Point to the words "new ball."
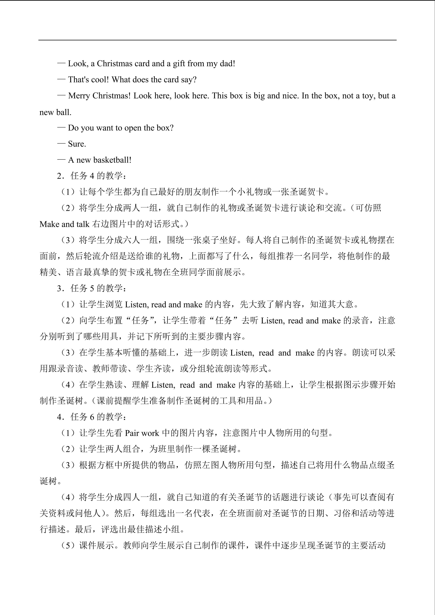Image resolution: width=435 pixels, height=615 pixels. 55,112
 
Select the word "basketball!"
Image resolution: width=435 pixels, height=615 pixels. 113,160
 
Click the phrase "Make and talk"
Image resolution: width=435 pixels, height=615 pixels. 64,224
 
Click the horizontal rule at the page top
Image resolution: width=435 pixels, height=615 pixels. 217,40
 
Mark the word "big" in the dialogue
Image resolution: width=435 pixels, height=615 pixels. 259,96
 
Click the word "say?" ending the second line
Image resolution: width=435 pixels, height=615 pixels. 189,80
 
